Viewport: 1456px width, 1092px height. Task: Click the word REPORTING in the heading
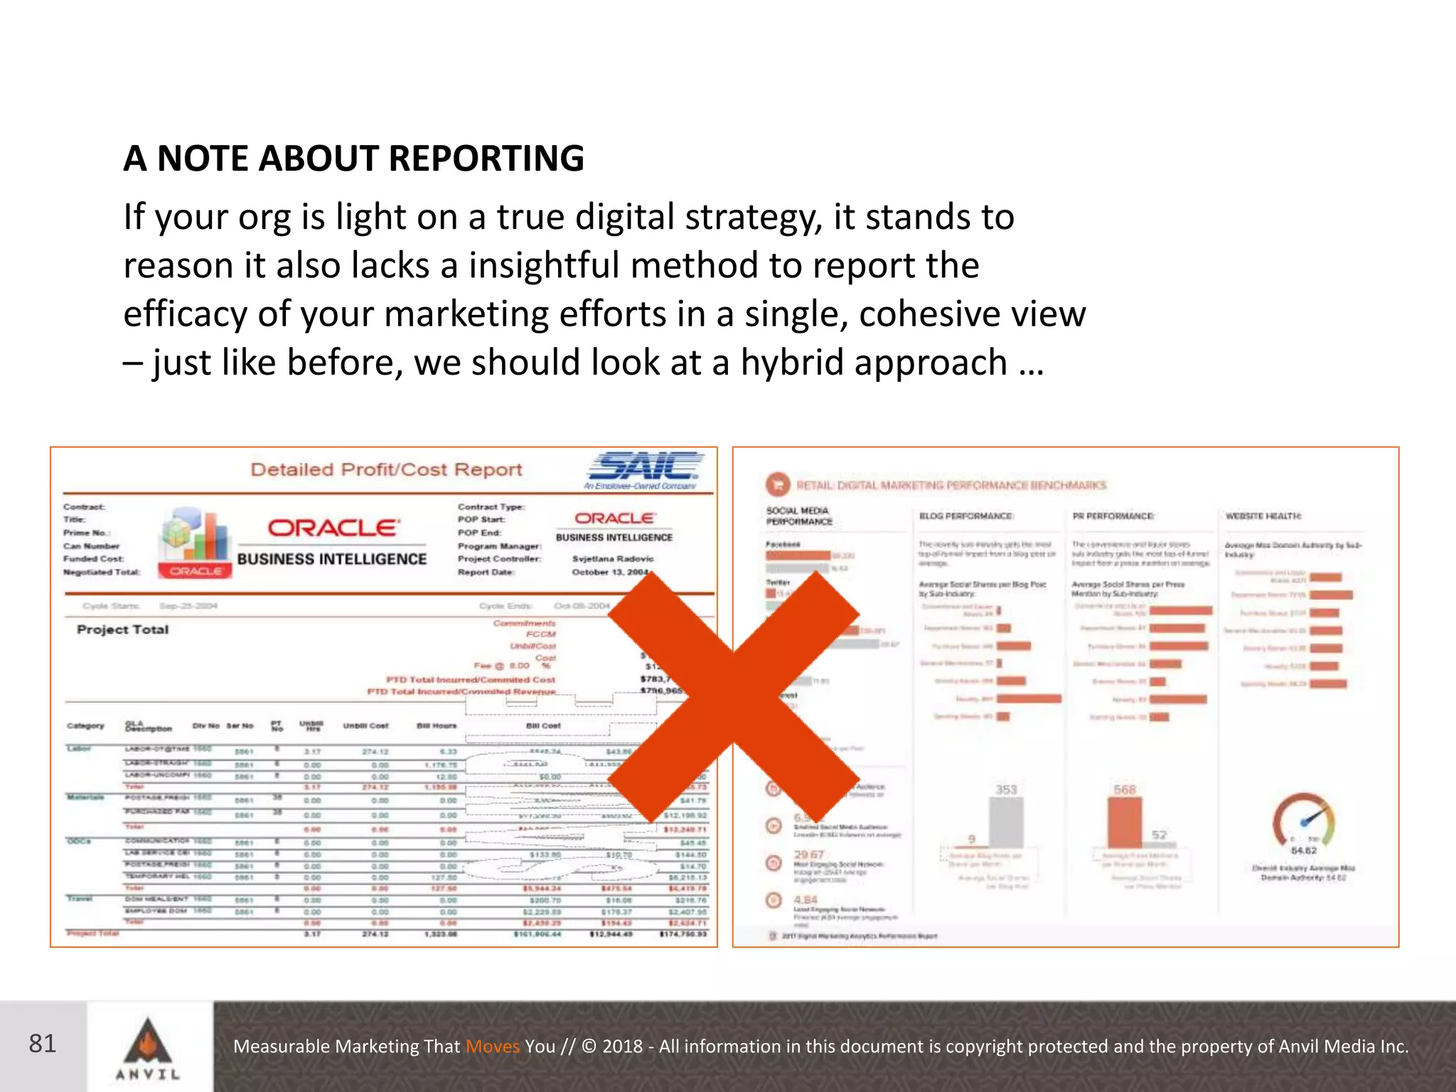(486, 158)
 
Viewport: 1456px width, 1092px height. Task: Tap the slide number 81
(43, 1044)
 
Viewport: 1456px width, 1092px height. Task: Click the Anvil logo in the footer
(148, 1047)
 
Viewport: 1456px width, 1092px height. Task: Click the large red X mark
(734, 697)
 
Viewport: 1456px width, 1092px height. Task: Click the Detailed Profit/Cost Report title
(386, 470)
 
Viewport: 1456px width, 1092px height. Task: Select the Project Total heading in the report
(122, 630)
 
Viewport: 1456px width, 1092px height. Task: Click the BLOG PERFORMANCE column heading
(966, 516)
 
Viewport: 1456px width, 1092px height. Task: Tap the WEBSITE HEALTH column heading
(1263, 516)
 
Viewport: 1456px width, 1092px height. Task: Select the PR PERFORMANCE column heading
(1113, 516)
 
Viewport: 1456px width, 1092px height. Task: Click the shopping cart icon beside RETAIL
(778, 485)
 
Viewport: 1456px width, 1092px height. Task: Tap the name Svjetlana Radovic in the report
(612, 559)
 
